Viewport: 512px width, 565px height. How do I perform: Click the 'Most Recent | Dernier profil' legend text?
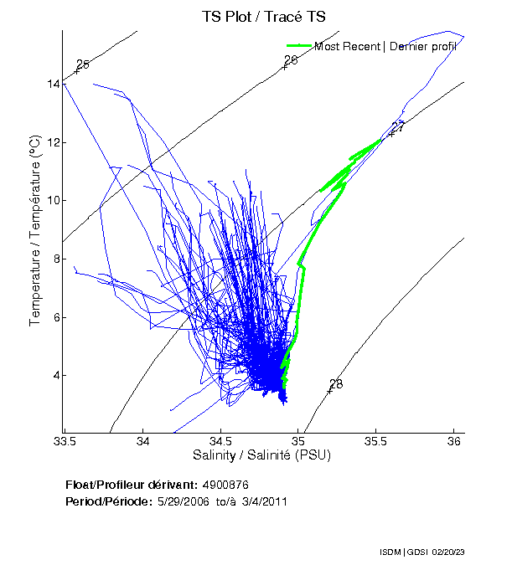(x=385, y=46)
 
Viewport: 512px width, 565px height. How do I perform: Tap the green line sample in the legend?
(x=299, y=45)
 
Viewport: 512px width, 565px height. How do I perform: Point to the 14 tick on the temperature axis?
(x=53, y=84)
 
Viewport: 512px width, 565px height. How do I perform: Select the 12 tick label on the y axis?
(x=53, y=142)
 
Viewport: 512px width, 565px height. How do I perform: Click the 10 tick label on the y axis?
(x=53, y=200)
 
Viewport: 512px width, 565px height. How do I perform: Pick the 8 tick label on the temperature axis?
(x=55, y=259)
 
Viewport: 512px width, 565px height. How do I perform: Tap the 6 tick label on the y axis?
(x=55, y=317)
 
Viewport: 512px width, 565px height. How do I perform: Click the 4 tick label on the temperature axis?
(x=55, y=375)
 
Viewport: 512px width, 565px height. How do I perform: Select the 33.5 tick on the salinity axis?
(x=65, y=440)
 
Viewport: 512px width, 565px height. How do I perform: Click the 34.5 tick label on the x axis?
(x=220, y=440)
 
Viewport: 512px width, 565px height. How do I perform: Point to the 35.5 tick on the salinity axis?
(x=376, y=440)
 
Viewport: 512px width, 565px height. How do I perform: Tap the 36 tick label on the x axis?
(x=454, y=440)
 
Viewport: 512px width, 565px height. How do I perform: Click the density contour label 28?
(x=336, y=384)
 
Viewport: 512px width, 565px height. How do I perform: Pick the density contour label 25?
(x=82, y=64)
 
